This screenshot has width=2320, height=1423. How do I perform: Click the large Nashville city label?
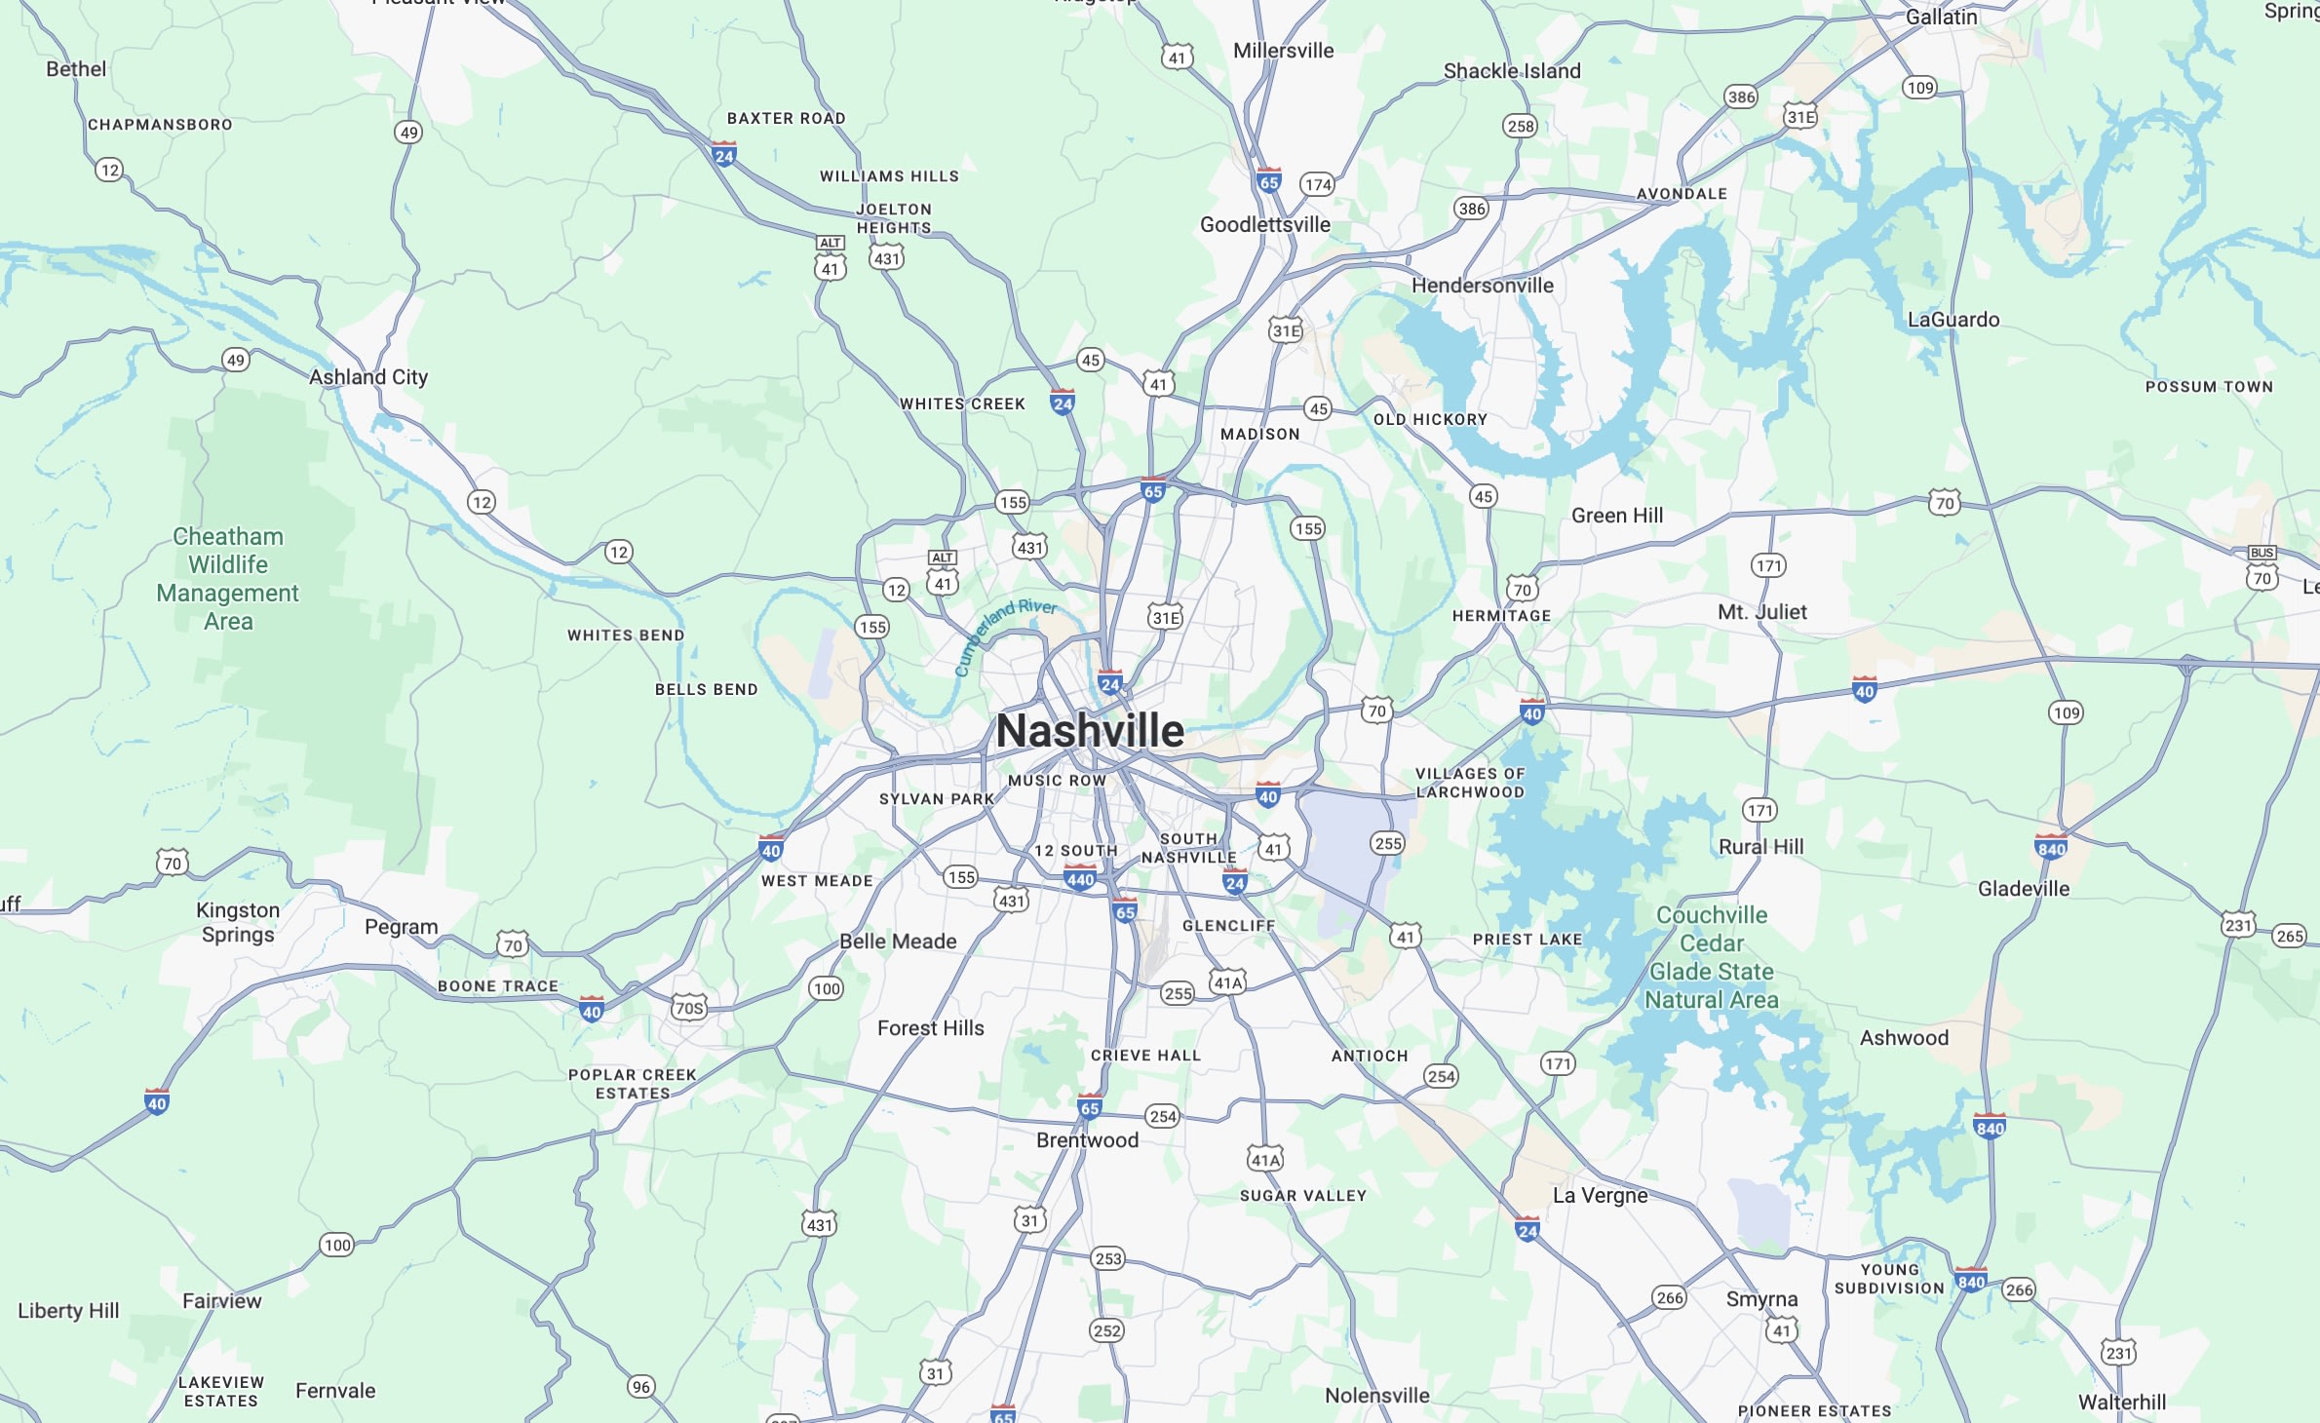coord(1090,731)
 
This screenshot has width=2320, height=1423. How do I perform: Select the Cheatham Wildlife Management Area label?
coord(228,579)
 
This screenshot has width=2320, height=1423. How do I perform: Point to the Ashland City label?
coord(368,377)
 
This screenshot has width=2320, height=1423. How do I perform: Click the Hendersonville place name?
coord(1483,286)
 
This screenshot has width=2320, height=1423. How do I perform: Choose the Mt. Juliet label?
coord(1761,612)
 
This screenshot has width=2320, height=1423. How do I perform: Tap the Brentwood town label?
coord(1087,1140)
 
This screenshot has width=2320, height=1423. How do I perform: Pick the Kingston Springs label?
coord(238,922)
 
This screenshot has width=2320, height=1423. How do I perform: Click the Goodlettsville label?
coord(1264,225)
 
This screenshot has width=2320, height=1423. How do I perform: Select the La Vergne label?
coord(1600,1196)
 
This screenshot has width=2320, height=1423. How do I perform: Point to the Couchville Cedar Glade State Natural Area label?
coord(1712,957)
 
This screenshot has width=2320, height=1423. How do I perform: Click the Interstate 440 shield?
coord(1080,878)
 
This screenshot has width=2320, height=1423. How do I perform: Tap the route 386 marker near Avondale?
coord(1741,96)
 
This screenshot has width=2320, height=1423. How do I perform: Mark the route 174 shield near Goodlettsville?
coord(1318,184)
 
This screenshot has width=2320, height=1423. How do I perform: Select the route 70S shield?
coord(689,1008)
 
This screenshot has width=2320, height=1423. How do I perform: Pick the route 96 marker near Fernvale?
coord(640,1387)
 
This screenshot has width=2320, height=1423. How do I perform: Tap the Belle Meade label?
coord(898,942)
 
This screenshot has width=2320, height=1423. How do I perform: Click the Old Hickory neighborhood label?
coord(1430,420)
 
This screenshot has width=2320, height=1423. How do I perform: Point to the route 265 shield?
coord(2290,937)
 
